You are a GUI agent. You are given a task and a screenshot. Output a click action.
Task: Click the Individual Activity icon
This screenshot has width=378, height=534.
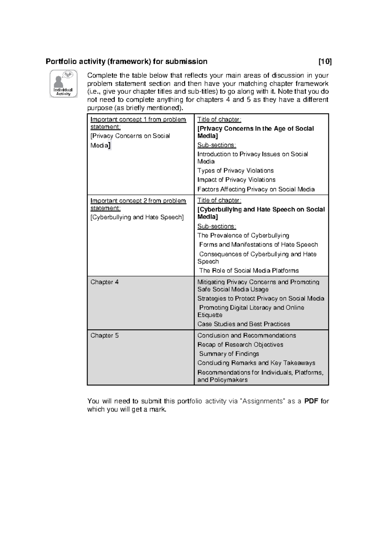(x=63, y=83)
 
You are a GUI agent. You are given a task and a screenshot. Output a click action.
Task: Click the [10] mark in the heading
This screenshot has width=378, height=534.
(x=325, y=61)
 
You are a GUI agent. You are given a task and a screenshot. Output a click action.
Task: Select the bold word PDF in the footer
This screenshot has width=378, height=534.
(x=311, y=401)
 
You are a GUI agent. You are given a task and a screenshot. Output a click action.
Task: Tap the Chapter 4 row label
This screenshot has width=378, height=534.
(x=105, y=282)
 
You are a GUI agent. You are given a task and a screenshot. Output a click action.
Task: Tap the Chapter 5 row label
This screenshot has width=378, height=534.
(x=105, y=336)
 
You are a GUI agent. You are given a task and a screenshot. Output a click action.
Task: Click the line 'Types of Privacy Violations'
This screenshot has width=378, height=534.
(x=235, y=171)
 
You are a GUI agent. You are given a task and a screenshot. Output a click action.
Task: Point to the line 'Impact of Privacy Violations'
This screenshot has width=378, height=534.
(x=236, y=180)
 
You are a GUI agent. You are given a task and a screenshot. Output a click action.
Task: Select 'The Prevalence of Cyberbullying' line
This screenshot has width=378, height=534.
(x=243, y=236)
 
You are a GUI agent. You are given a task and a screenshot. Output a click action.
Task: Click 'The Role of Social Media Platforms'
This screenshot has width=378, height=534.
(x=249, y=271)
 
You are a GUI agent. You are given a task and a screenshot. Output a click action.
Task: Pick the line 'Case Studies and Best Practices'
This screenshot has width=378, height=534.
(x=243, y=324)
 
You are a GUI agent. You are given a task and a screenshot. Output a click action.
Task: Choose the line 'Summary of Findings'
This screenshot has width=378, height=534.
(x=229, y=354)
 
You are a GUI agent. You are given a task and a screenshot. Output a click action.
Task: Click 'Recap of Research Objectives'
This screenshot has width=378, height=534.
(x=240, y=345)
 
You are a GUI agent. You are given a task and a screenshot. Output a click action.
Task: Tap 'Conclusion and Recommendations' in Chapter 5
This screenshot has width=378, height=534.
(x=247, y=336)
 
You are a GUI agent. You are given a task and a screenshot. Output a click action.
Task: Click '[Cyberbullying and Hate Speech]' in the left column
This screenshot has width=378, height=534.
(x=137, y=217)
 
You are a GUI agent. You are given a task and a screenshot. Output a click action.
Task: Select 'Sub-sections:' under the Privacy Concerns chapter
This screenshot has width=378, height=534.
(x=216, y=145)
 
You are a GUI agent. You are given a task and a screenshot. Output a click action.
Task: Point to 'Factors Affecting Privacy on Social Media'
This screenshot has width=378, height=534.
(x=256, y=190)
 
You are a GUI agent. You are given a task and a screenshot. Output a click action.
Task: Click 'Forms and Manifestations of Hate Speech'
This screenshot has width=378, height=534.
(x=258, y=245)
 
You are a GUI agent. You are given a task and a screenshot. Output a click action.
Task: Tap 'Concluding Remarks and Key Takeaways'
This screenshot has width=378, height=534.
(x=256, y=363)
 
